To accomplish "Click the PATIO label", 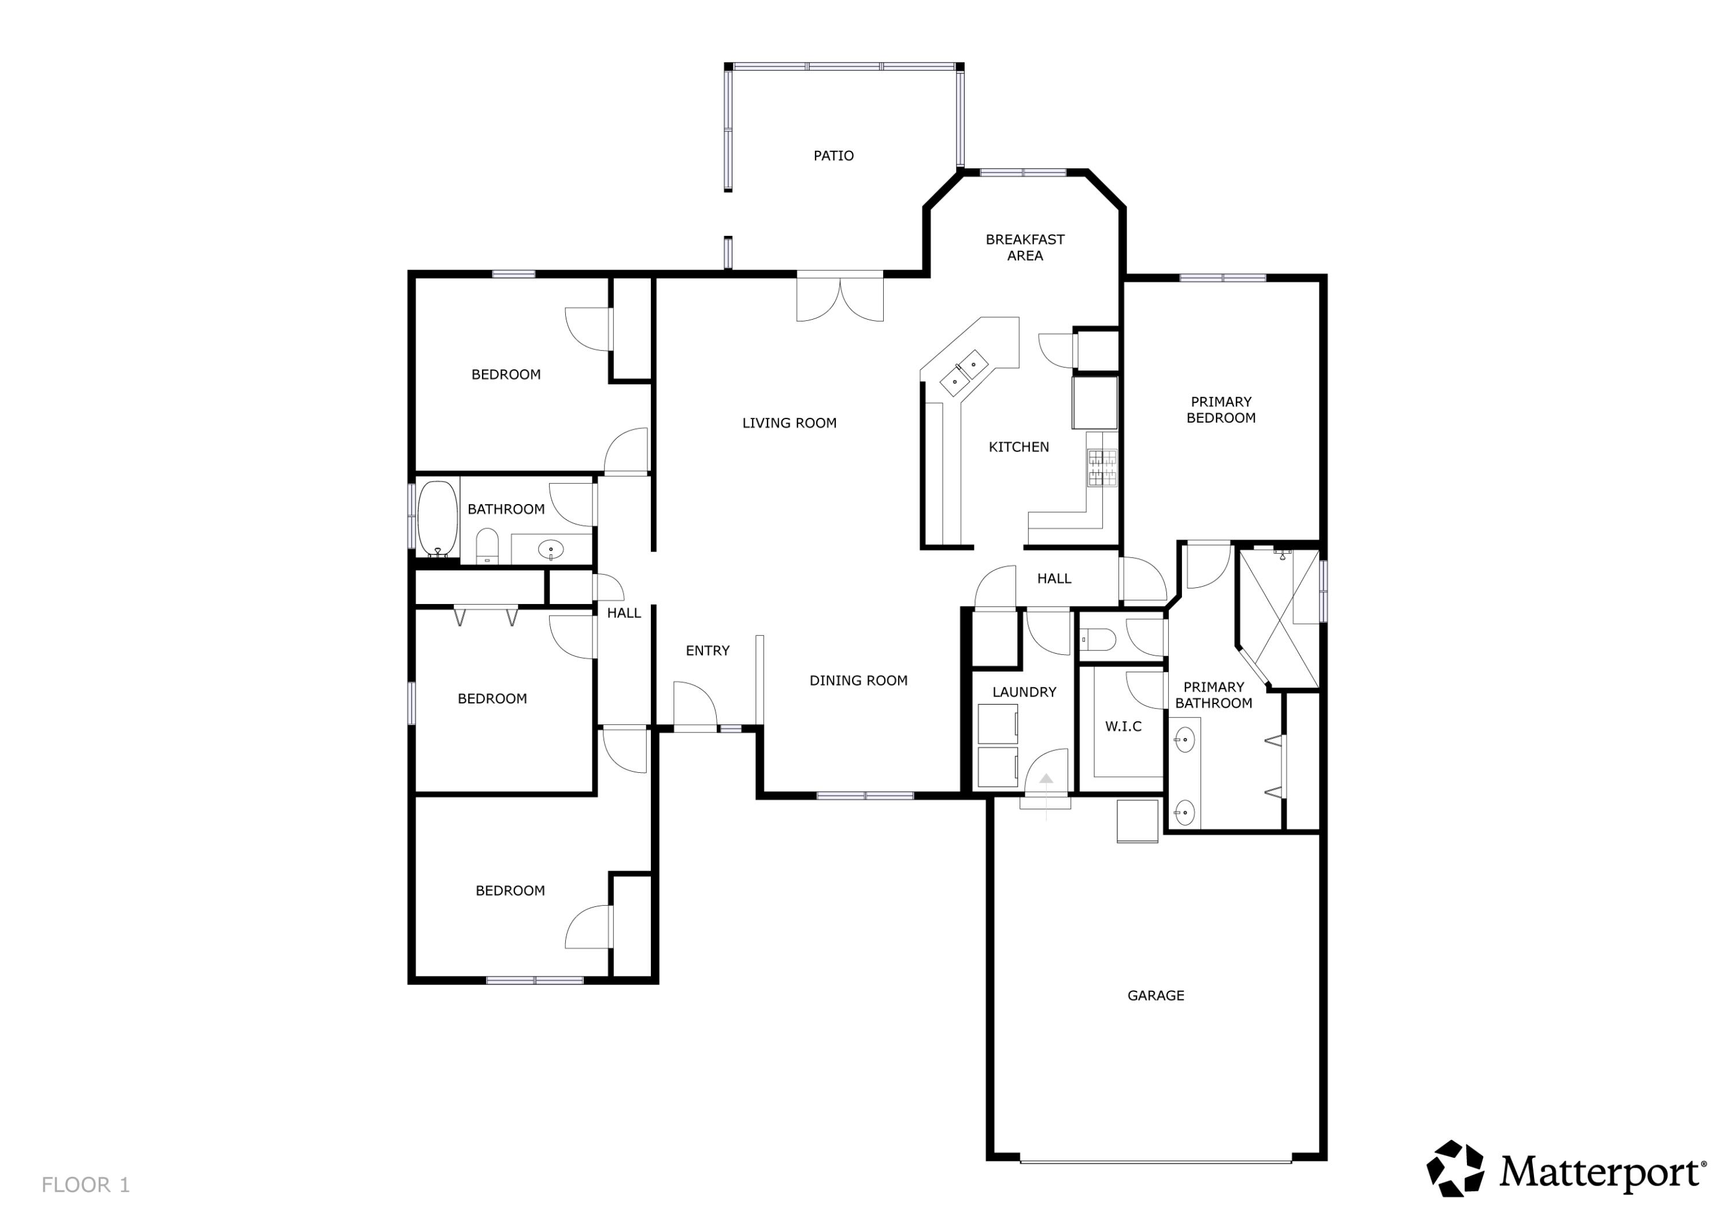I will pos(833,155).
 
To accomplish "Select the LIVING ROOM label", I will pos(789,423).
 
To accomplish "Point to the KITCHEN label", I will pos(1019,447).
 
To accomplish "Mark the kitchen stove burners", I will pos(1102,468).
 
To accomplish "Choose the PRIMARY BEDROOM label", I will pos(1220,409).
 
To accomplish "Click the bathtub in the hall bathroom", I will pos(438,518).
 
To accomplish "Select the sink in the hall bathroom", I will pos(551,549).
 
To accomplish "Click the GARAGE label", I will pos(1155,995).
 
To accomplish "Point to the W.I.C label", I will pos(1123,727).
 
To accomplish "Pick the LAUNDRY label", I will pos(1024,692).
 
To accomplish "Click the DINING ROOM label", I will pos(858,680).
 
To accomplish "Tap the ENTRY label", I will pos(707,650).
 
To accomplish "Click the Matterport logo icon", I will pos(1455,1169).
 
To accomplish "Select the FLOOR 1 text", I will pos(86,1184).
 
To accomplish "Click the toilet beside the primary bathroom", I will pos(1099,639).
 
